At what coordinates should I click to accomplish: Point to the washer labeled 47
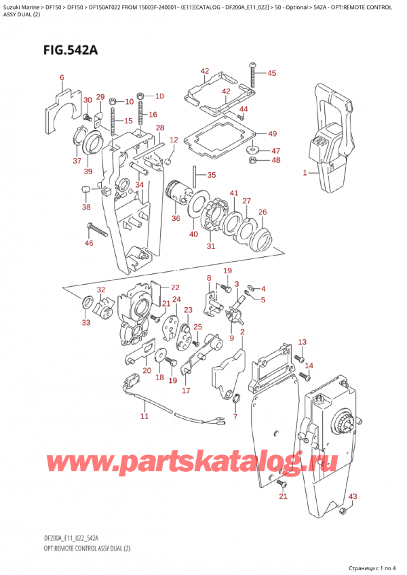[x=253, y=148]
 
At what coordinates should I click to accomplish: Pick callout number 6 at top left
[x=62, y=78]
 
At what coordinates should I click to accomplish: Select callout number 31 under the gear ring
[x=210, y=245]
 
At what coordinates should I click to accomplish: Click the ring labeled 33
[x=88, y=302]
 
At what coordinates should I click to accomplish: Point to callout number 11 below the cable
[x=144, y=416]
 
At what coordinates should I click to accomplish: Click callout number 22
[x=175, y=287]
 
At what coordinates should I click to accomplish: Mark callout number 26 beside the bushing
[x=263, y=212]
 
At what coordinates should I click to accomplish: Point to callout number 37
[x=77, y=161]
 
